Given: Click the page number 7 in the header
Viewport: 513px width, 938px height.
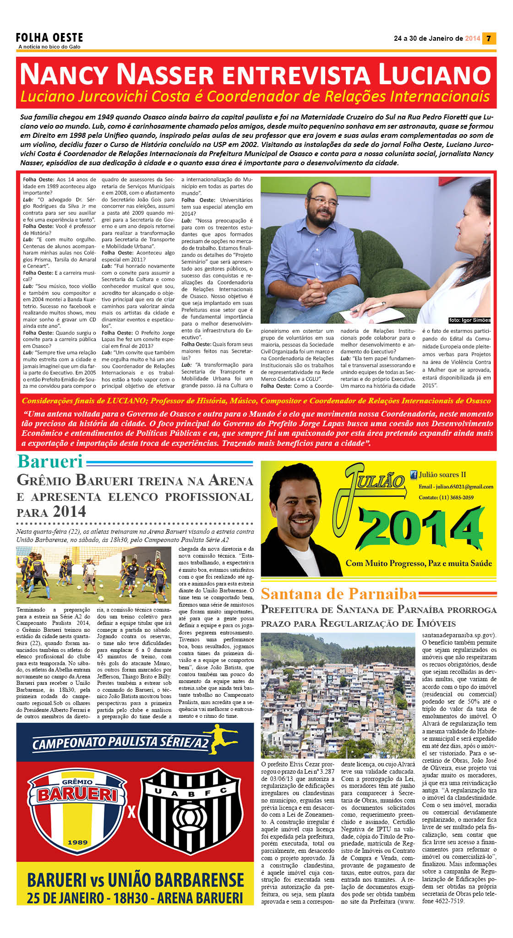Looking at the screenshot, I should click(x=489, y=38).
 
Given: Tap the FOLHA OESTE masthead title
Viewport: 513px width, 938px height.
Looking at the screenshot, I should click(x=49, y=38).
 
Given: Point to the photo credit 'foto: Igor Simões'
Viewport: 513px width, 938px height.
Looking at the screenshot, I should click(x=469, y=320).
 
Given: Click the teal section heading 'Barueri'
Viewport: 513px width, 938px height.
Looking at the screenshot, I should click(x=50, y=461).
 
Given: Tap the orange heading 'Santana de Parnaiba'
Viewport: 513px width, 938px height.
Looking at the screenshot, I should click(x=339, y=594).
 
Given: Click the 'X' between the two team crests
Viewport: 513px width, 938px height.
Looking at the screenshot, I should click(x=132, y=812).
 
